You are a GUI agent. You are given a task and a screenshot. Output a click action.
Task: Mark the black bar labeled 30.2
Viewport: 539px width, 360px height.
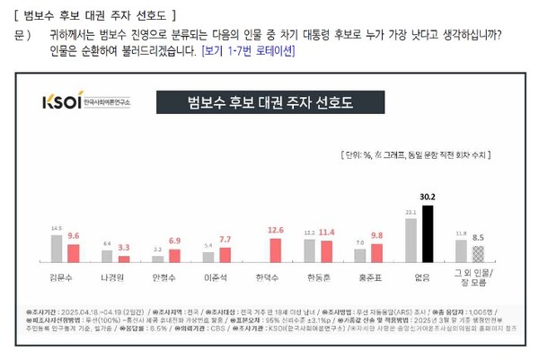tap(428, 234)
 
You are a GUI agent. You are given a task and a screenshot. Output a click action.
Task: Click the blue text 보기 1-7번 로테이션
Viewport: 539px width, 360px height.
tap(248, 51)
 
